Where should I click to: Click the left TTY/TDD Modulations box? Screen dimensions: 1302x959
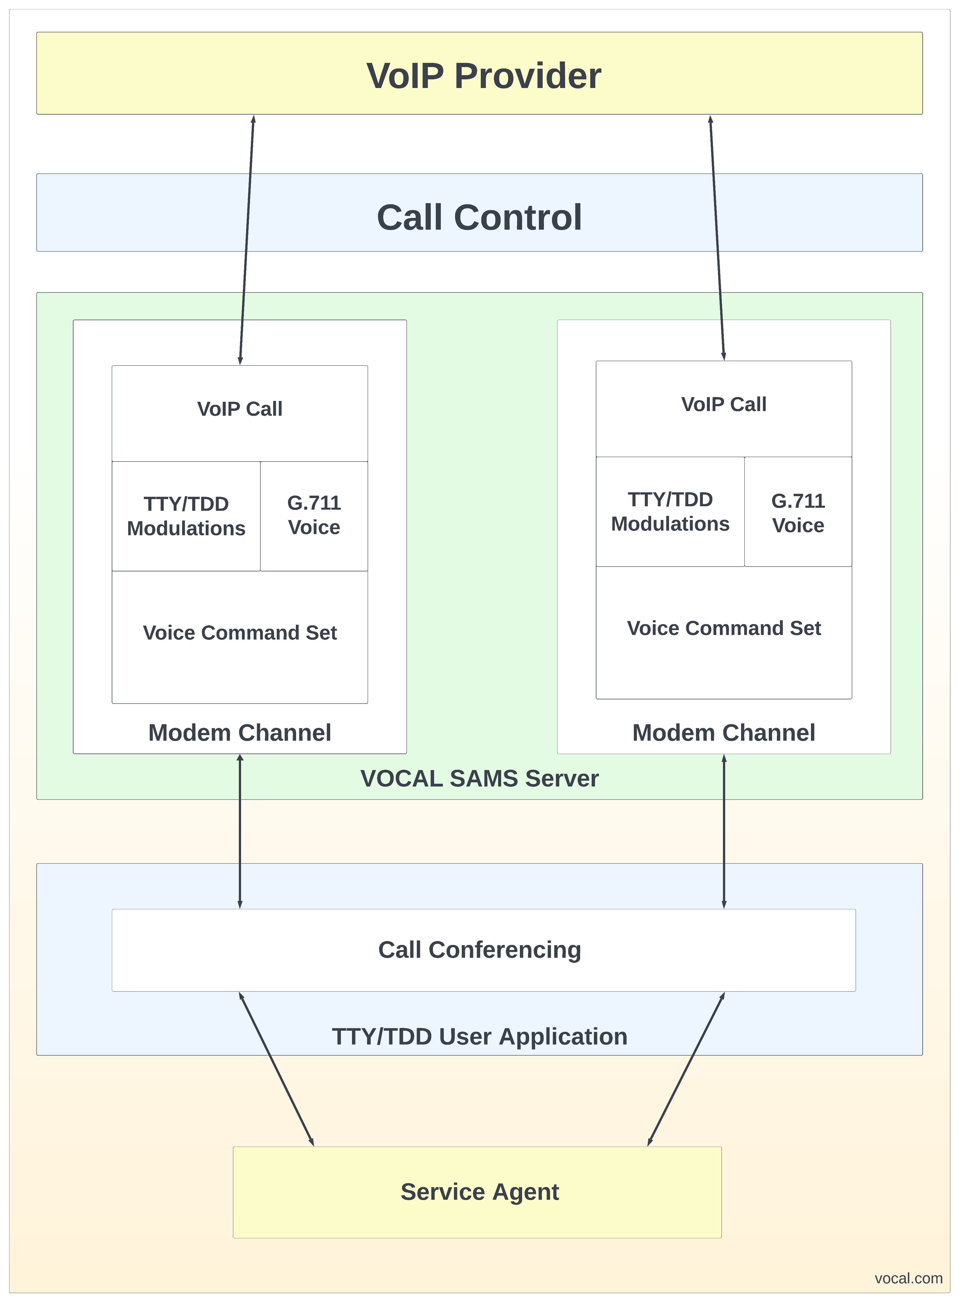[x=186, y=516]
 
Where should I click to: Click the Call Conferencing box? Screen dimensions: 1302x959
[x=479, y=950]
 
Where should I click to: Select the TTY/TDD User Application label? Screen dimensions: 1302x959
[x=479, y=1036]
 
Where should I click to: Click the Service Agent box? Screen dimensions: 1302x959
[x=479, y=1192]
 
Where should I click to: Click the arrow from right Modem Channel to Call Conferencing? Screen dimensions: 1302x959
[x=724, y=831]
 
